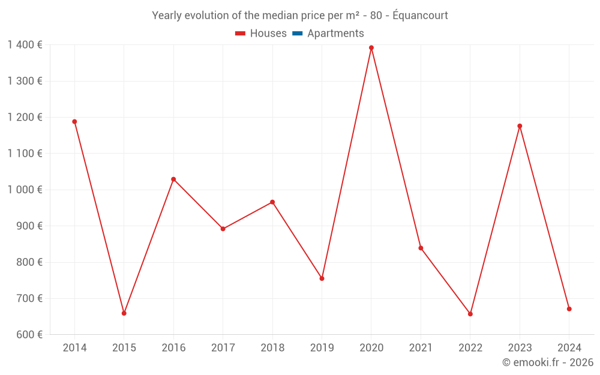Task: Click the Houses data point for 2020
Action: point(371,48)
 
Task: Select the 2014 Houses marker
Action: point(75,122)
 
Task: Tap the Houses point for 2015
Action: point(124,313)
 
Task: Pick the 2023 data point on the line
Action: point(520,126)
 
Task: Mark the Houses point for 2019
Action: point(322,278)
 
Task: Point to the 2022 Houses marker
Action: point(470,314)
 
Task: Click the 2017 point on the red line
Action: point(223,229)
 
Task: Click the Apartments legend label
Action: point(335,34)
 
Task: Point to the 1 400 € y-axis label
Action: point(25,45)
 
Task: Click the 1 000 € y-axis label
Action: point(25,190)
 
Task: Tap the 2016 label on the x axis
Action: point(173,348)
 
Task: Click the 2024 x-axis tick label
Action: point(569,348)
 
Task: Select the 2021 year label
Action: point(421,348)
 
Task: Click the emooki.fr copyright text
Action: point(548,362)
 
